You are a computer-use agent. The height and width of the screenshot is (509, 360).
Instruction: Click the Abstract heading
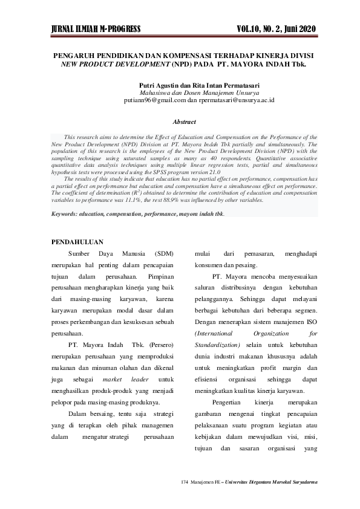184,122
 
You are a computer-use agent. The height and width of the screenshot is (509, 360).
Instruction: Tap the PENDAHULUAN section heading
77,242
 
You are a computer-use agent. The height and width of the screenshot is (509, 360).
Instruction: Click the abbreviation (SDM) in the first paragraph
164,254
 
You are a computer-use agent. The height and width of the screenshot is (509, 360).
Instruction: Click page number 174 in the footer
185,482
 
